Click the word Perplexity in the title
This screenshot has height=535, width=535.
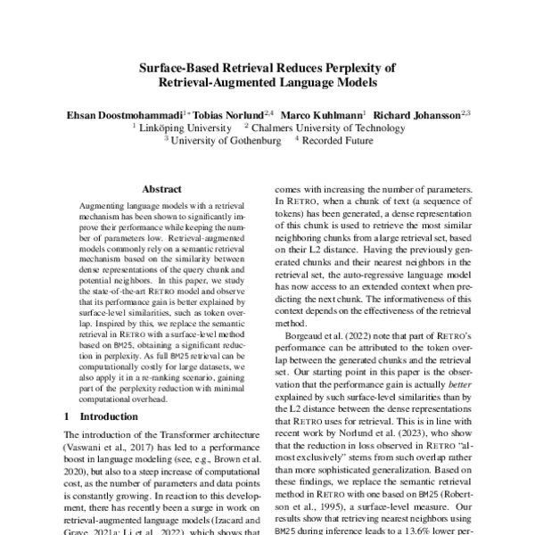click(365, 68)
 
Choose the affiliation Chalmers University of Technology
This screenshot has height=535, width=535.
click(330, 128)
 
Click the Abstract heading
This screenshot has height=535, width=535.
click(161, 189)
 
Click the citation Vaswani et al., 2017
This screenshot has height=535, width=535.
click(103, 447)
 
